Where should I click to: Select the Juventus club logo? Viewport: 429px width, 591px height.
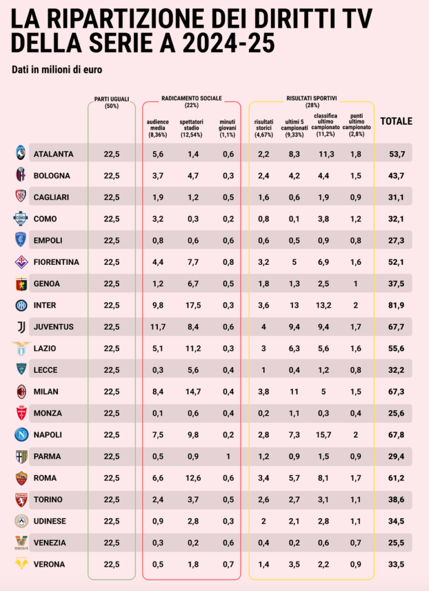21,327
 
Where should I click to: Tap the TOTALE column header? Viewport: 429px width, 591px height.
396,121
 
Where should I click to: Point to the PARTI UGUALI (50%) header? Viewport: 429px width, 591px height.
111,102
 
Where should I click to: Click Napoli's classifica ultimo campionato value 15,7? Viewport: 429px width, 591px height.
323,435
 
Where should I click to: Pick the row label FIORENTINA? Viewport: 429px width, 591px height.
56,262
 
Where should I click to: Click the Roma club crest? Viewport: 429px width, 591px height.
21,478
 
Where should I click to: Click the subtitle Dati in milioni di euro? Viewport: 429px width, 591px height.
57,70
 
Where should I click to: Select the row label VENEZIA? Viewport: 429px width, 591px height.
50,543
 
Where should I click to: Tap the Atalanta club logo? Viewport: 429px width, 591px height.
21,154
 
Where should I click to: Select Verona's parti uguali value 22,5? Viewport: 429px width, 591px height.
111,564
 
